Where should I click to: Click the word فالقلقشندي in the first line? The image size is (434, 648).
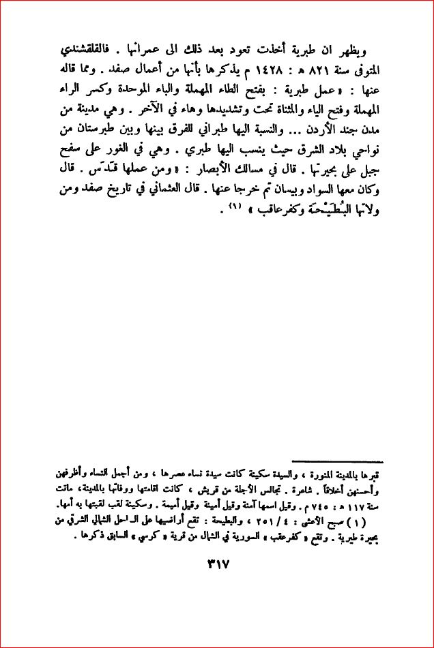pos(347,52)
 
